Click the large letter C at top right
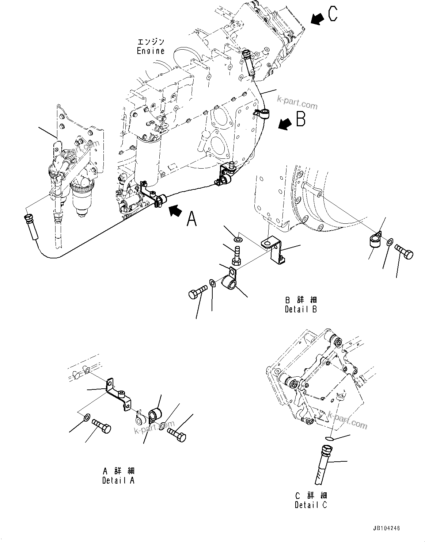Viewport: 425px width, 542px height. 333,14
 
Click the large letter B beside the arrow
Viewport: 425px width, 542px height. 300,119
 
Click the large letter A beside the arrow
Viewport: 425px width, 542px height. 192,219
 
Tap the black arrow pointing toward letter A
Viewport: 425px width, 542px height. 175,210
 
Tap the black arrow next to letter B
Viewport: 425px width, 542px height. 285,124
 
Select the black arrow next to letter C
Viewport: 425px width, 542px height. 317,19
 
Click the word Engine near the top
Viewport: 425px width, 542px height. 151,51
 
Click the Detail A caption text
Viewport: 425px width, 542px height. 118,480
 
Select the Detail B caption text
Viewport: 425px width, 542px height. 301,309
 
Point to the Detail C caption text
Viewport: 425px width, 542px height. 311,505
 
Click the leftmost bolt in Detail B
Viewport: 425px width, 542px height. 197,293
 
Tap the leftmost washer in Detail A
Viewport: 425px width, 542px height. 87,417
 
